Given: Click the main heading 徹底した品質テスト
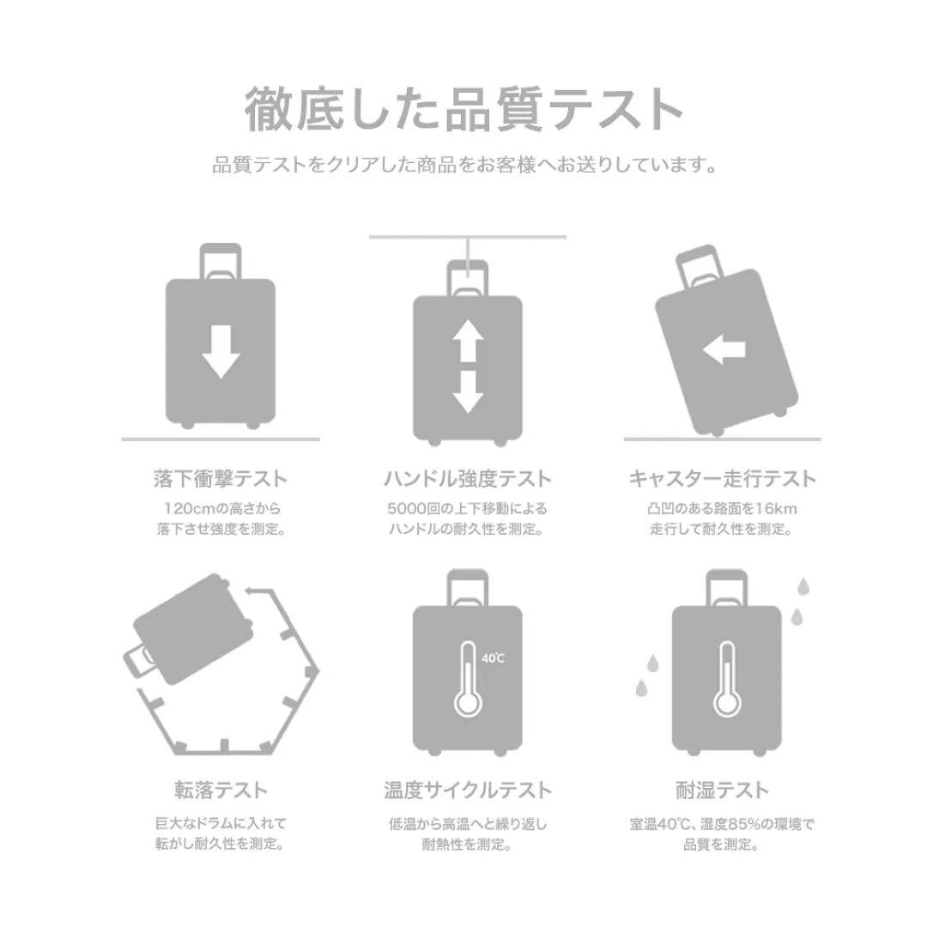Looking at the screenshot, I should pyautogui.click(x=463, y=110).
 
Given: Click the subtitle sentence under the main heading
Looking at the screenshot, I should pyautogui.click(x=463, y=164).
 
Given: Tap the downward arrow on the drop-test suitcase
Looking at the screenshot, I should pyautogui.click(x=221, y=351).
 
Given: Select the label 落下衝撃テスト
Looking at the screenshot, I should pyautogui.click(x=221, y=479).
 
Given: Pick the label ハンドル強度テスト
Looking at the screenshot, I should pyautogui.click(x=467, y=479).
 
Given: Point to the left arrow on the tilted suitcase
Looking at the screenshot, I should pyautogui.click(x=724, y=349).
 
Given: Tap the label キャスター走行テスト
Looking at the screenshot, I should pyautogui.click(x=722, y=479).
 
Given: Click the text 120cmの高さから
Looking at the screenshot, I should pyautogui.click(x=221, y=508).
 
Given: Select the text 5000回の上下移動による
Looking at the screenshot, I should pyautogui.click(x=467, y=508).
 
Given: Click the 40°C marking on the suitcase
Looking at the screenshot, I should pyautogui.click(x=494, y=658).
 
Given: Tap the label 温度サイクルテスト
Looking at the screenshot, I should pyautogui.click(x=467, y=791).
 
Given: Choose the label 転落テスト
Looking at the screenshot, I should pyautogui.click(x=221, y=791).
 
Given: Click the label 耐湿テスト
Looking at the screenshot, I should pyautogui.click(x=722, y=791).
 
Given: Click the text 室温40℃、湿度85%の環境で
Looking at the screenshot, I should pyautogui.click(x=722, y=825).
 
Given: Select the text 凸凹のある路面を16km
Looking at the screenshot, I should pyautogui.click(x=722, y=508).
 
